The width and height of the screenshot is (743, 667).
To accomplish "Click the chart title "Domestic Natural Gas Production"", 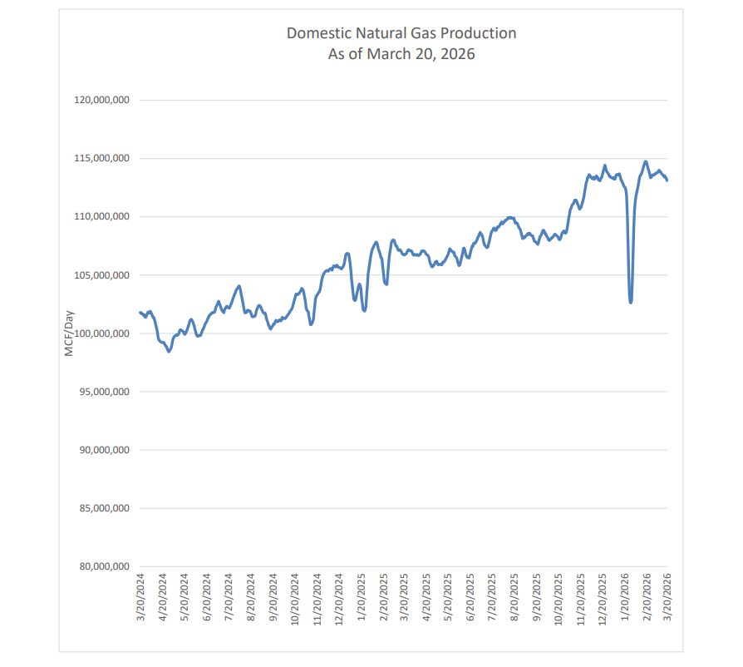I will pyautogui.click(x=401, y=33).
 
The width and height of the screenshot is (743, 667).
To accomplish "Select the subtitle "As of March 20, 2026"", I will pyautogui.click(x=401, y=54).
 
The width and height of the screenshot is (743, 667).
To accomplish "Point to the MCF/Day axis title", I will pyautogui.click(x=70, y=333).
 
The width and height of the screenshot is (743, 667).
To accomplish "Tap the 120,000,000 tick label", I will pyautogui.click(x=101, y=100).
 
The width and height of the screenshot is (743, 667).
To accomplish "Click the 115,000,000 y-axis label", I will pyautogui.click(x=101, y=158).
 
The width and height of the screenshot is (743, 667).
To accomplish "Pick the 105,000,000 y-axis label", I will pyautogui.click(x=101, y=275).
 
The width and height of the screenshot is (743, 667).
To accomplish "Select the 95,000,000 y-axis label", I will pyautogui.click(x=103, y=392).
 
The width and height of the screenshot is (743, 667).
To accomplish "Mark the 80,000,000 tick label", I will pyautogui.click(x=103, y=566).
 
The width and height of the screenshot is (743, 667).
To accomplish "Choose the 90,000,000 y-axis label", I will pyautogui.click(x=103, y=450).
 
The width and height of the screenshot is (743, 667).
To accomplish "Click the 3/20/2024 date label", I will pyautogui.click(x=140, y=596).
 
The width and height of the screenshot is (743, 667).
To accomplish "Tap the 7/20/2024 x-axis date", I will pyautogui.click(x=229, y=596).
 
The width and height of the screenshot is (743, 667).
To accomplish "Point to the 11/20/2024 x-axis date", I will pyautogui.click(x=317, y=598).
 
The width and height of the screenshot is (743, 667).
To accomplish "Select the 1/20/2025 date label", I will pyautogui.click(x=361, y=596).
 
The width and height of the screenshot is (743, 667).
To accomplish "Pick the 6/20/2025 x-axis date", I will pyautogui.click(x=470, y=596).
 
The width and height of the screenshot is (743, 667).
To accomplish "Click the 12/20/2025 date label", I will pyautogui.click(x=603, y=598).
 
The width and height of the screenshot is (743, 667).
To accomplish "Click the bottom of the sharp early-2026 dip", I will pyautogui.click(x=631, y=302).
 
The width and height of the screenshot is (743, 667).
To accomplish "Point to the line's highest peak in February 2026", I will pyautogui.click(x=646, y=161).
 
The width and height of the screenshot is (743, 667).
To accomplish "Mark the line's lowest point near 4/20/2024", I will pyautogui.click(x=169, y=352).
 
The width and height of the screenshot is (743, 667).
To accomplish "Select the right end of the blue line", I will pyautogui.click(x=667, y=180).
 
